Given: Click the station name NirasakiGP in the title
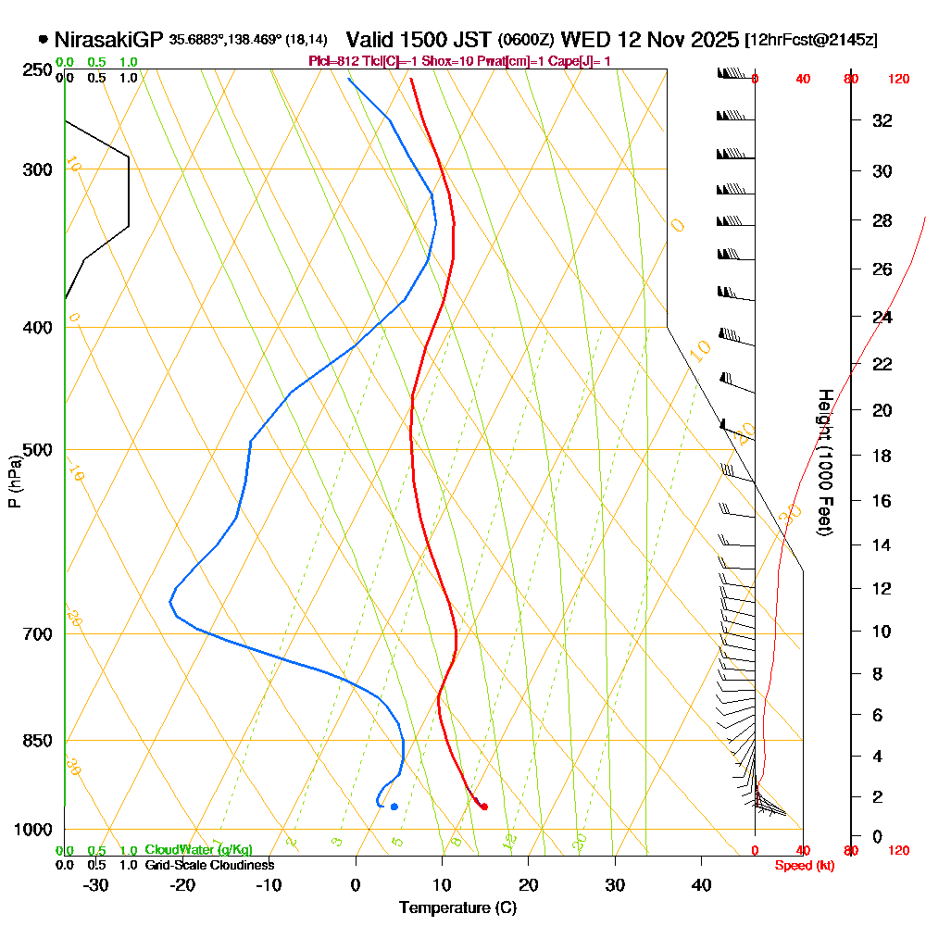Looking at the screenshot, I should (x=109, y=40).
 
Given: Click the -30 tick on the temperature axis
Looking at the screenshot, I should (x=96, y=884).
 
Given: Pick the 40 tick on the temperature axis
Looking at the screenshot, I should (x=702, y=884).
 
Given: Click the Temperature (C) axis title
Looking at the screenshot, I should (x=457, y=908).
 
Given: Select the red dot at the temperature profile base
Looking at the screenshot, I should (x=484, y=807).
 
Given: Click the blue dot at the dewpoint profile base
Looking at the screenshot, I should (x=394, y=807).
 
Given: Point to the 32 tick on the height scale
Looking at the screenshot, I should (x=882, y=120).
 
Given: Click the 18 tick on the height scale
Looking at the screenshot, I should (x=882, y=456).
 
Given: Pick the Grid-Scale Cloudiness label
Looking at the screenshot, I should (x=209, y=865).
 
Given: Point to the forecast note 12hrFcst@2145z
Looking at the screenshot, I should (x=811, y=41).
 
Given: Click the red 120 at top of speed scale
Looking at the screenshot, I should (x=897, y=80).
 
